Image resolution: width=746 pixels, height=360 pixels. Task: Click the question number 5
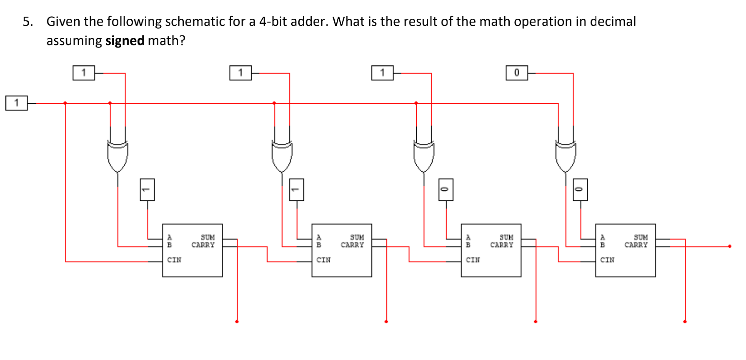pyautogui.click(x=28, y=22)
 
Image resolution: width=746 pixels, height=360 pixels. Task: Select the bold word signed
pyautogui.click(x=125, y=41)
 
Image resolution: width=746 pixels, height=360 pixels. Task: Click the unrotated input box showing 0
pyautogui.click(x=517, y=73)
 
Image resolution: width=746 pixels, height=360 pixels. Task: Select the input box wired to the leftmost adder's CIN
pyautogui.click(x=17, y=103)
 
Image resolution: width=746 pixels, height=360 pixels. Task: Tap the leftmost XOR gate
pyautogui.click(x=118, y=156)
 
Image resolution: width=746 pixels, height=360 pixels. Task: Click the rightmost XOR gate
pyautogui.click(x=566, y=156)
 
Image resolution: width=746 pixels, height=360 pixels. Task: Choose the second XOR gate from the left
pyautogui.click(x=282, y=156)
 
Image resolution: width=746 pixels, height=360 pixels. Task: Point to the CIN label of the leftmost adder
pyautogui.click(x=174, y=260)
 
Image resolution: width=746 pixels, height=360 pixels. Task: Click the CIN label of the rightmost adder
pyautogui.click(x=607, y=260)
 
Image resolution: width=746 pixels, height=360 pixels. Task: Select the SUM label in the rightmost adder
pyautogui.click(x=641, y=237)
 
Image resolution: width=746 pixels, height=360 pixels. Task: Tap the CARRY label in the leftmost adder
pyautogui.click(x=203, y=245)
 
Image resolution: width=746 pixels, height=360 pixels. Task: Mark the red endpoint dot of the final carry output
pyautogui.click(x=730, y=246)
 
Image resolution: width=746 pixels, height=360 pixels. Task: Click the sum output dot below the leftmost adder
pyautogui.click(x=237, y=322)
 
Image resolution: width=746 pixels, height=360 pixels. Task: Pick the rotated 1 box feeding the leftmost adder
pyautogui.click(x=147, y=190)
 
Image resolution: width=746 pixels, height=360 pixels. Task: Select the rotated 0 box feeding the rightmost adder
pyautogui.click(x=580, y=190)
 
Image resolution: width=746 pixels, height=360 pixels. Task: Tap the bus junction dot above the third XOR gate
pyautogui.click(x=416, y=103)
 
